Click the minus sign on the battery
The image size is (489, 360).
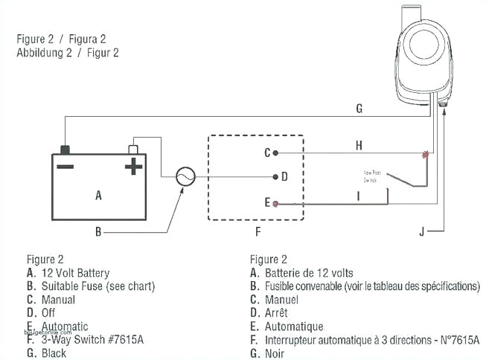(x=65, y=165)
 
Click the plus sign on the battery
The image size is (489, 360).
(x=133, y=165)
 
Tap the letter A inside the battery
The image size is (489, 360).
(x=98, y=196)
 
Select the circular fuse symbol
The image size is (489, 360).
(x=185, y=177)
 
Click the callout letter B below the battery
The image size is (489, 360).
(x=98, y=232)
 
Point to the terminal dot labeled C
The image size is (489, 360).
(x=276, y=152)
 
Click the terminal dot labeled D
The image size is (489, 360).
(x=276, y=177)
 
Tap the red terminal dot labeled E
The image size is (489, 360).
(x=276, y=203)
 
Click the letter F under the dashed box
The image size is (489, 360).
(x=258, y=232)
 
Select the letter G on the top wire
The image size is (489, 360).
(x=359, y=109)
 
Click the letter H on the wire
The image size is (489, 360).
(x=359, y=145)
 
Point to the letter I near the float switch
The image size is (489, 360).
(x=359, y=196)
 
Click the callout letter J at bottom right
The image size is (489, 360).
(x=421, y=232)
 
